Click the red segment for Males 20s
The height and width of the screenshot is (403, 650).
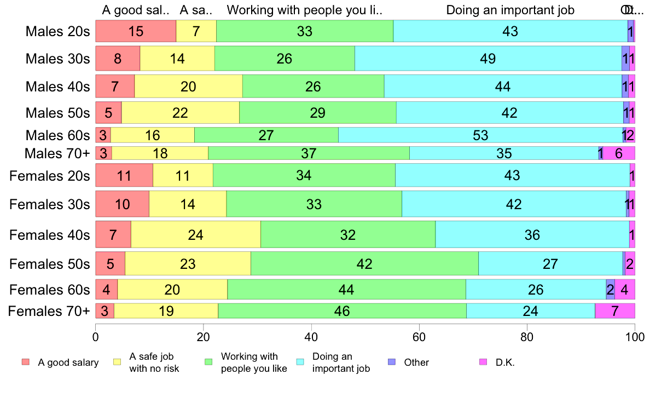[x=136, y=31]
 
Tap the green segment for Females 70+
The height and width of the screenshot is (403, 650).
[x=342, y=311]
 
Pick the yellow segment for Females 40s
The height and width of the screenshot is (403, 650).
[x=195, y=235]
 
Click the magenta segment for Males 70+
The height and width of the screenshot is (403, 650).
[x=619, y=153]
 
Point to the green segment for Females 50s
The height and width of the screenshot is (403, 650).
[x=364, y=264]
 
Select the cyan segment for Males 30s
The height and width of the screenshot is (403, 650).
[x=488, y=59]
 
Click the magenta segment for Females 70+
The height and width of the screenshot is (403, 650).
[x=615, y=311]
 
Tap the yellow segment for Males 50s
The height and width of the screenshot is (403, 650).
[x=180, y=113]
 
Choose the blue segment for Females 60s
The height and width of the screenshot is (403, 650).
[x=610, y=289]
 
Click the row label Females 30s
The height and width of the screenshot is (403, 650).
[x=49, y=204]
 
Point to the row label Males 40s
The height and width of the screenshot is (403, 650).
[x=57, y=87]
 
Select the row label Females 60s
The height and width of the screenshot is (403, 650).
[x=49, y=289]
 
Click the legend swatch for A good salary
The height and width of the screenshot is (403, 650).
[x=25, y=362]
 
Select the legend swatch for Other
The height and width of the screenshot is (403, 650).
[x=391, y=362]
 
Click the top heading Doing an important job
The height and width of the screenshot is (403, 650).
[x=510, y=10]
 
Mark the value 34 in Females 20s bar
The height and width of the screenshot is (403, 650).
[x=304, y=176]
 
